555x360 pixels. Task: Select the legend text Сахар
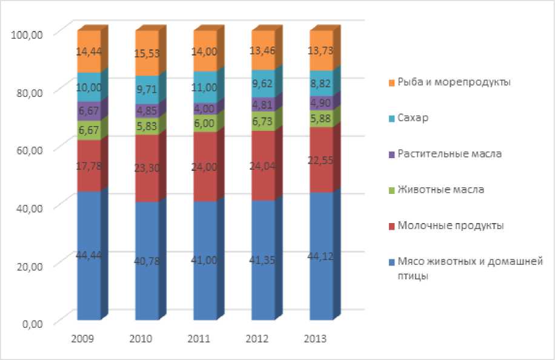pyautogui.click(x=413, y=118)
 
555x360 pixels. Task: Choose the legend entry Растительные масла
pyautogui.click(x=450, y=153)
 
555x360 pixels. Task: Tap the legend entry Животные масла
pyautogui.click(x=440, y=190)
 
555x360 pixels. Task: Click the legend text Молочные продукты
pyautogui.click(x=450, y=225)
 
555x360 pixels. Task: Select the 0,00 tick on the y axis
pyautogui.click(x=31, y=323)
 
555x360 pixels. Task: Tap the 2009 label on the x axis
pyautogui.click(x=82, y=339)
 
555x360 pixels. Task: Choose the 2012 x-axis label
pyautogui.click(x=257, y=339)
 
